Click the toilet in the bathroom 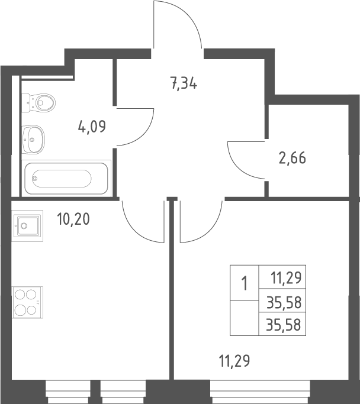pyautogui.click(x=38, y=103)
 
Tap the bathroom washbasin pyautogui.click(x=33, y=140)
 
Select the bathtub pyautogui.click(x=66, y=178)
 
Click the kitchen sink pyautogui.click(x=27, y=226)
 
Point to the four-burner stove pyautogui.click(x=28, y=302)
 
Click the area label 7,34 pyautogui.click(x=184, y=83)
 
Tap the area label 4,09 pyautogui.click(x=92, y=127)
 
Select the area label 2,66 pyautogui.click(x=292, y=158)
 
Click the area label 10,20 pyautogui.click(x=73, y=219)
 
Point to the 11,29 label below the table pyautogui.click(x=234, y=360)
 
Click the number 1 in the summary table pyautogui.click(x=244, y=283)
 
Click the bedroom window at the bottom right pyautogui.click(x=260, y=392)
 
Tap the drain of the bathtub pyautogui.click(x=34, y=178)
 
